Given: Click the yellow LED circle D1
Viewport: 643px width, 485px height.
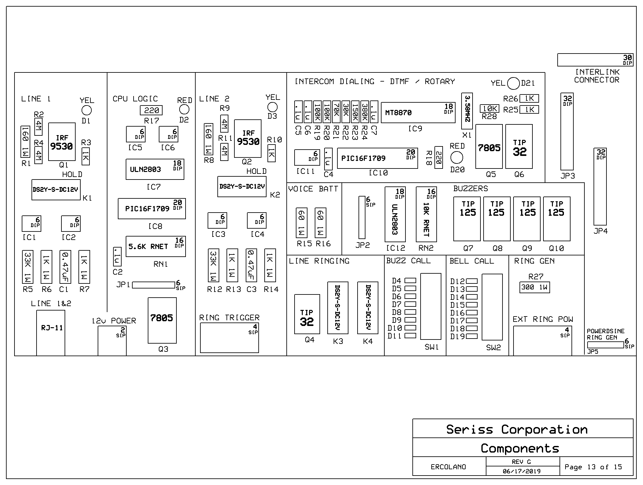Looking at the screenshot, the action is (x=87, y=110).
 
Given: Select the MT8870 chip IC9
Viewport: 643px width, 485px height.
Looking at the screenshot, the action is (x=418, y=112).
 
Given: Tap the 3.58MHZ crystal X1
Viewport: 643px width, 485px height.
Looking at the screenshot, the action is (x=467, y=111).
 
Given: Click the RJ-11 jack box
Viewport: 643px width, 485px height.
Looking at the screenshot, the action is (x=51, y=333).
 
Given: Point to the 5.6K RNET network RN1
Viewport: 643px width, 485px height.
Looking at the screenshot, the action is (x=156, y=246).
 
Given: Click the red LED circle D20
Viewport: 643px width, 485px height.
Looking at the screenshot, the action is (x=457, y=157).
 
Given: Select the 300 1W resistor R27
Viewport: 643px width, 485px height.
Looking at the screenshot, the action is (x=535, y=287).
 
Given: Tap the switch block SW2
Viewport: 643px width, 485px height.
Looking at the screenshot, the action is (x=492, y=307).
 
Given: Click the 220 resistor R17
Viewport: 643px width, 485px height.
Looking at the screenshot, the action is (x=151, y=110).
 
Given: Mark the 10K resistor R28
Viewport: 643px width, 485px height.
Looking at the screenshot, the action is (x=490, y=109).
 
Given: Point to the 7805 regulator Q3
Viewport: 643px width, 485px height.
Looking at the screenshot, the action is (x=162, y=320).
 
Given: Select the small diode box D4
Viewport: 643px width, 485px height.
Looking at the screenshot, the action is (x=410, y=280).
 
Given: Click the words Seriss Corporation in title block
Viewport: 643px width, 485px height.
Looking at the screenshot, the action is (x=517, y=430).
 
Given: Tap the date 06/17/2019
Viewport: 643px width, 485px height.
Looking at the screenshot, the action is (x=521, y=471).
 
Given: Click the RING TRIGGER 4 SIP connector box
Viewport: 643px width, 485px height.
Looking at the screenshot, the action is (x=229, y=338).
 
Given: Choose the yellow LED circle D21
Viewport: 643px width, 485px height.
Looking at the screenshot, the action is (x=514, y=83).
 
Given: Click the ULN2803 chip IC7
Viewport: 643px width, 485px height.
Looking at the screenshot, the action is (x=155, y=169).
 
